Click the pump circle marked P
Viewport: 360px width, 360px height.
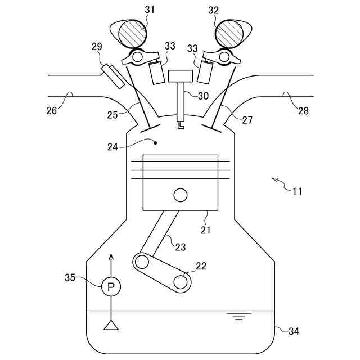coord(111,287)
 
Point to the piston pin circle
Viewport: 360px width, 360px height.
coord(181,195)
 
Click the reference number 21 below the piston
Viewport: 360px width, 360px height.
coord(205,229)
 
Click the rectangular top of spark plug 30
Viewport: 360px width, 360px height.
coord(181,76)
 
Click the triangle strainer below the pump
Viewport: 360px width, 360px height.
coord(111,325)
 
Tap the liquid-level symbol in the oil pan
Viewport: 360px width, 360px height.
coord(239,316)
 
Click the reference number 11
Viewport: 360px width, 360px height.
coord(298,191)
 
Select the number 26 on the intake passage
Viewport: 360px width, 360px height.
coord(52,111)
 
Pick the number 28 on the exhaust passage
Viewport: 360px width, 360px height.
coord(303,111)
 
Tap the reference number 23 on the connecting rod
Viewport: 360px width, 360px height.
coord(180,246)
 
